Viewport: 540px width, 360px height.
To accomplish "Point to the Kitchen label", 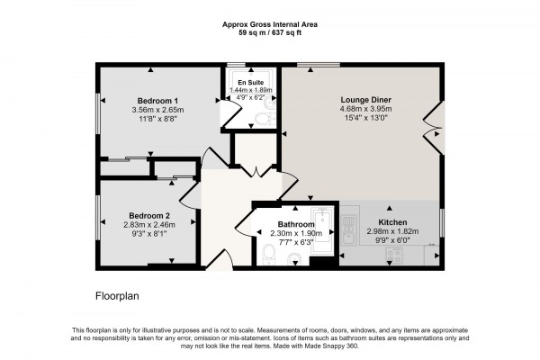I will (x=391, y=222).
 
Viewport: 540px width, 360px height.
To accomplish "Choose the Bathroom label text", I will (x=295, y=224).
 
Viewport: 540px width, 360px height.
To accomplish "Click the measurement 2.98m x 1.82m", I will (x=391, y=232).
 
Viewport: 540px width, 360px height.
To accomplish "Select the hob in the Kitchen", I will (x=393, y=256).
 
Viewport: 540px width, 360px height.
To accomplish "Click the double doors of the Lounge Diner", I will (x=435, y=126).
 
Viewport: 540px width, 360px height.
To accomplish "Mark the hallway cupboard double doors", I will (x=255, y=170).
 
